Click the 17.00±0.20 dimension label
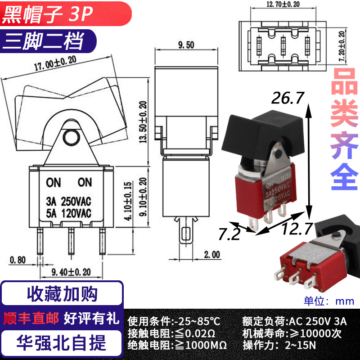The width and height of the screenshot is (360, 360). (55, 63)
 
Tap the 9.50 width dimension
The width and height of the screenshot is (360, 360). (186, 45)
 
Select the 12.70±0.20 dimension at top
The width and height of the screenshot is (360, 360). (283, 4)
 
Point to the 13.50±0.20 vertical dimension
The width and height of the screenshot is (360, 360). (143, 122)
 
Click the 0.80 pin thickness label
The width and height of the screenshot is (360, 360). (18, 260)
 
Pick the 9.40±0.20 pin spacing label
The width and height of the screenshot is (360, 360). (71, 272)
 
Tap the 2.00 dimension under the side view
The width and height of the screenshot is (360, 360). (212, 255)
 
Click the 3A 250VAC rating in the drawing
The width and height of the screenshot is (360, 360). (68, 201)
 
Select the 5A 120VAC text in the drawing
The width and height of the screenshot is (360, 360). (68, 213)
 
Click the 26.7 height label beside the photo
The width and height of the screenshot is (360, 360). (288, 98)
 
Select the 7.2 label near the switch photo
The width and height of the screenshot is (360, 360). (229, 234)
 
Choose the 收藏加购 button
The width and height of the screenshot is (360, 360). (62, 294)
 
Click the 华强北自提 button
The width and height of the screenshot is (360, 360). (61, 343)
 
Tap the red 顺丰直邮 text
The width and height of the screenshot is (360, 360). (31, 318)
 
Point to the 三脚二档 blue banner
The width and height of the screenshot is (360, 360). (48, 41)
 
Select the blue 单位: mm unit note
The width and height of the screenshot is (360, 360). (329, 301)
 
